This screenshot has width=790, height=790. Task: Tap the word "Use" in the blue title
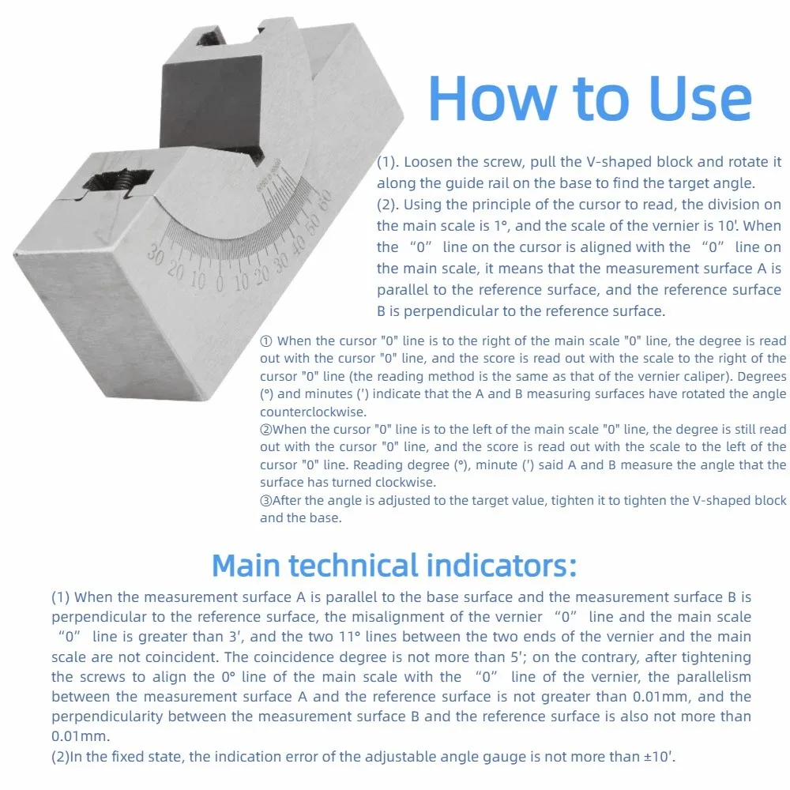(x=701, y=99)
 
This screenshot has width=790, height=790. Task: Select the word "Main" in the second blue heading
(x=246, y=566)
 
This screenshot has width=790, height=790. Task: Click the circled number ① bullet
(x=266, y=341)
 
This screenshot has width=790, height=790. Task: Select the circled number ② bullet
(x=266, y=430)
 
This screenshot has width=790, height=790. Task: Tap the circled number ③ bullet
(x=266, y=501)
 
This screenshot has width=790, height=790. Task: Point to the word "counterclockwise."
(x=314, y=412)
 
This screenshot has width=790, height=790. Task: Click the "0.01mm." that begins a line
(x=81, y=736)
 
